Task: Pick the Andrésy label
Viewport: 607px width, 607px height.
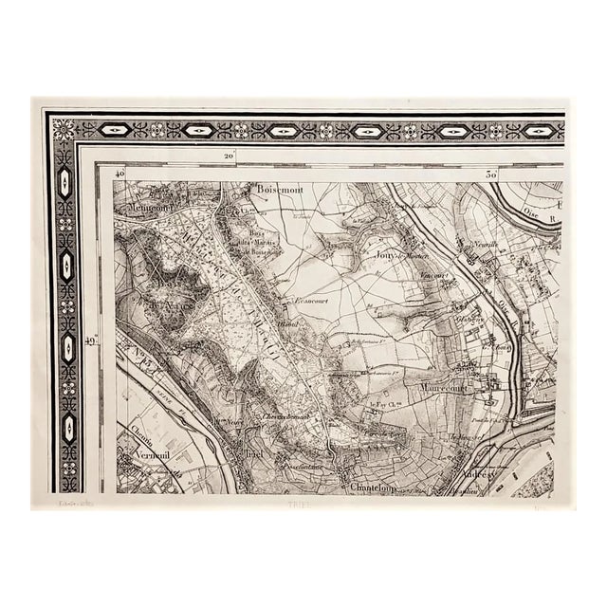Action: pyautogui.click(x=474, y=478)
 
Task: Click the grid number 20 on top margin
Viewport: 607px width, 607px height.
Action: pyautogui.click(x=229, y=156)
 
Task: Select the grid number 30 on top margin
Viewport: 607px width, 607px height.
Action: pyautogui.click(x=490, y=175)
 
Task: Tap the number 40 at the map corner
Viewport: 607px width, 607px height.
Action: pyautogui.click(x=120, y=175)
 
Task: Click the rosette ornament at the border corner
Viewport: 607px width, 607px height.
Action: pyautogui.click(x=63, y=130)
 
